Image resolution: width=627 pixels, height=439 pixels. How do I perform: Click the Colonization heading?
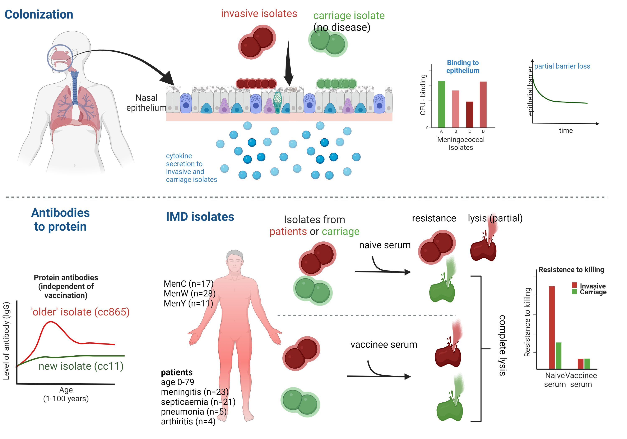point(39,14)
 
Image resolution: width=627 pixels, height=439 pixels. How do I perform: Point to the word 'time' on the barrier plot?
point(566,131)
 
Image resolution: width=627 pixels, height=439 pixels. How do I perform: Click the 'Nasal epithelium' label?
point(146,103)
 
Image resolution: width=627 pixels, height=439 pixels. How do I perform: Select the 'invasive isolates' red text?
point(259,13)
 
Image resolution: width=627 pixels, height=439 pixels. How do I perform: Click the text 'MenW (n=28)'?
point(190,293)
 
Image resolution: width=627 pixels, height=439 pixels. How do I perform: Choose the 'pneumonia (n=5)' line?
point(194,411)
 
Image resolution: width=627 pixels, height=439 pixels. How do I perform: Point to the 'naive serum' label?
point(385,245)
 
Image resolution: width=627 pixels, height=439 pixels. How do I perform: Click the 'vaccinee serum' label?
point(384,345)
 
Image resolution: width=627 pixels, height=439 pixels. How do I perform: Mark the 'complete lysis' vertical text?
point(502,345)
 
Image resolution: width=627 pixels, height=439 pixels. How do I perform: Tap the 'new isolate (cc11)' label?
point(81,366)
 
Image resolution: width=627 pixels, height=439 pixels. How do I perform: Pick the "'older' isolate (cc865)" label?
point(80,312)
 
